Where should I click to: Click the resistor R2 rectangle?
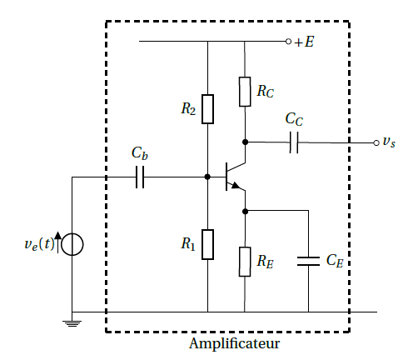pyautogui.click(x=207, y=109)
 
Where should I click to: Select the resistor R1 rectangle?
pyautogui.click(x=207, y=244)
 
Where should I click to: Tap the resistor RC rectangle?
pyautogui.click(x=245, y=92)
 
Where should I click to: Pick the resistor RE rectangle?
pyautogui.click(x=245, y=262)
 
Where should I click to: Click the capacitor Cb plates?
pyautogui.click(x=140, y=177)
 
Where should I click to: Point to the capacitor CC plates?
pyautogui.click(x=294, y=142)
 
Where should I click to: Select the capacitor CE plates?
pyautogui.click(x=308, y=262)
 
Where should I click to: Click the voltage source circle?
pyautogui.click(x=72, y=244)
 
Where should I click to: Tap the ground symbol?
pyautogui.click(x=72, y=323)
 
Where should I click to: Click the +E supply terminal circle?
pyautogui.click(x=289, y=42)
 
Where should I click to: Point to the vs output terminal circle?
pyautogui.click(x=376, y=143)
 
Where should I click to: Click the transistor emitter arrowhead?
pyautogui.click(x=236, y=186)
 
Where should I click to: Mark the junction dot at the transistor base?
pyautogui.click(x=207, y=177)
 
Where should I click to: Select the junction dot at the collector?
pyautogui.click(x=245, y=142)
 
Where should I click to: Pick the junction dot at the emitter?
pyautogui.click(x=245, y=212)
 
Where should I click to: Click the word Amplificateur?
pyautogui.click(x=235, y=344)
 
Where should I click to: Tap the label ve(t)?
pyautogui.click(x=39, y=244)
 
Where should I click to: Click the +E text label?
pyautogui.click(x=304, y=42)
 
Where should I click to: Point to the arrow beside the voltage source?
pyautogui.click(x=58, y=242)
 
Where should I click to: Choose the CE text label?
pyautogui.click(x=335, y=261)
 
